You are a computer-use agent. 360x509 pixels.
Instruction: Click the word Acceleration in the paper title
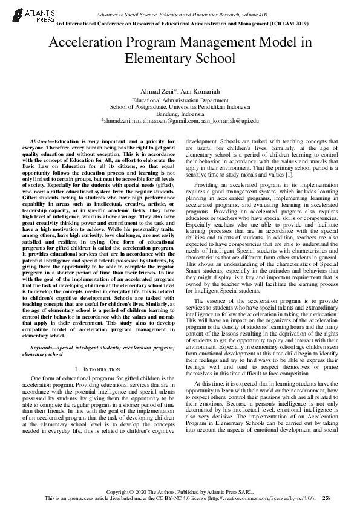pos(90,43)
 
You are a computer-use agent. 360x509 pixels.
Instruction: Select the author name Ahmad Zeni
pos(156,91)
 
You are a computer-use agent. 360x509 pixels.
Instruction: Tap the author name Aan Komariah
pos(196,91)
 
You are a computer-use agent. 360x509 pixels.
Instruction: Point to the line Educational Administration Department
pos(180,99)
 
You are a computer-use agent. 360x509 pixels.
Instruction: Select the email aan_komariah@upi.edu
pos(230,121)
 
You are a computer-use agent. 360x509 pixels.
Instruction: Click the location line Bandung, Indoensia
pos(180,114)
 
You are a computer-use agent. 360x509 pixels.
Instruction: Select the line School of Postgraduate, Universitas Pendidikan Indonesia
pos(180,106)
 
